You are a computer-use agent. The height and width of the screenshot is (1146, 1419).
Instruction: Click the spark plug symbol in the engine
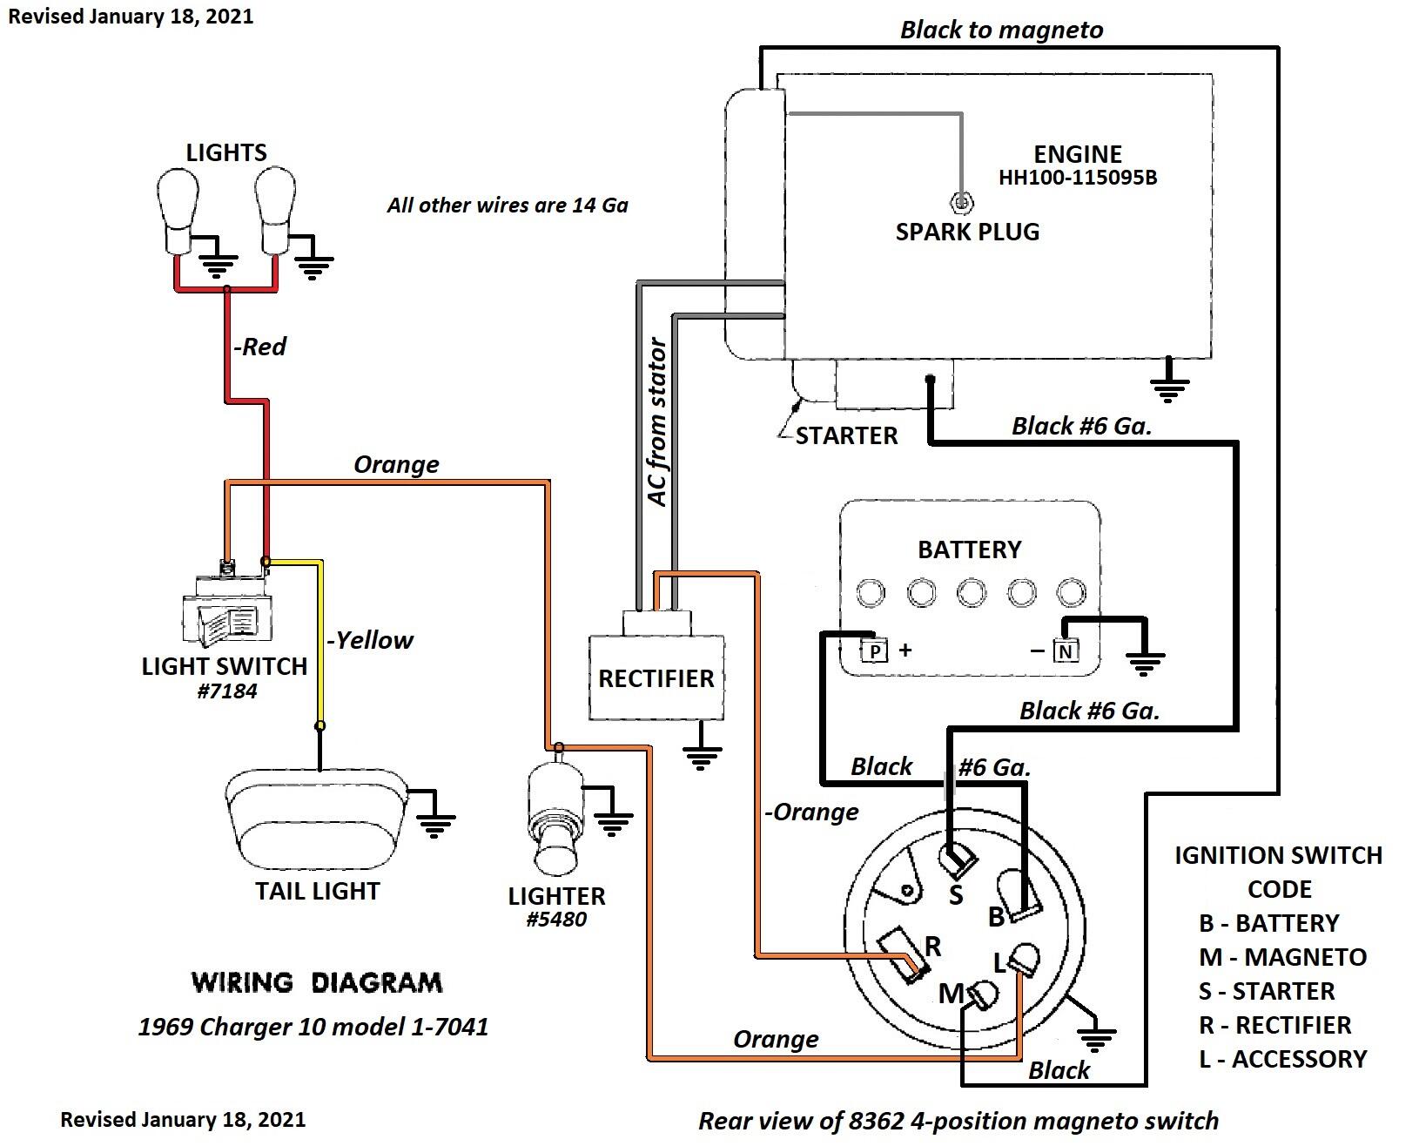coord(961,202)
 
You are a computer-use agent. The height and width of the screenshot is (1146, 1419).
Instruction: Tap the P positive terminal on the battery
coord(875,651)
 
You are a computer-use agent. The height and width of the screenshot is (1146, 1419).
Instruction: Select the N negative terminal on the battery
coord(1066,651)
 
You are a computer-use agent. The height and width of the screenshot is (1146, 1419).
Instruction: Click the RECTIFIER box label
coord(656,678)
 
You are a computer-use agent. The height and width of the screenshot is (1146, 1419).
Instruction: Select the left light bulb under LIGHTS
coord(178,210)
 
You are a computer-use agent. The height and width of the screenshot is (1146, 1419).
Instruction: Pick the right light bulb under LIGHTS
coord(275,210)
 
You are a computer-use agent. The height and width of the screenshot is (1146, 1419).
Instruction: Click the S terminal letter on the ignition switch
coord(955,895)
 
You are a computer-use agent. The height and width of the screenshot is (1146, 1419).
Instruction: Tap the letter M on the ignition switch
coord(952,994)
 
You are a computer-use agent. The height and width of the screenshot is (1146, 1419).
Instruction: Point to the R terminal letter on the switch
coord(932,946)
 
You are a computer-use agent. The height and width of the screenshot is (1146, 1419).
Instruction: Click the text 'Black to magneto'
coord(1001,30)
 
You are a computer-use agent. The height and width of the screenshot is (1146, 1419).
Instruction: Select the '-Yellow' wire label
coord(370,640)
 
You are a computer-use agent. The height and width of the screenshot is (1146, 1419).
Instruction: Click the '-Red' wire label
coord(259,347)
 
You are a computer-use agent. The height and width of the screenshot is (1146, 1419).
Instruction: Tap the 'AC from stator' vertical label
coord(657,421)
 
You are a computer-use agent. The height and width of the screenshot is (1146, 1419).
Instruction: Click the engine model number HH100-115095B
coord(1077,178)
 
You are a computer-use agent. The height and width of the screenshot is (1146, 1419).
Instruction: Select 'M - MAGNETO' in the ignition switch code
coord(1282,957)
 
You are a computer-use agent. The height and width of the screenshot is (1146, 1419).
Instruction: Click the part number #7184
coord(227,691)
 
